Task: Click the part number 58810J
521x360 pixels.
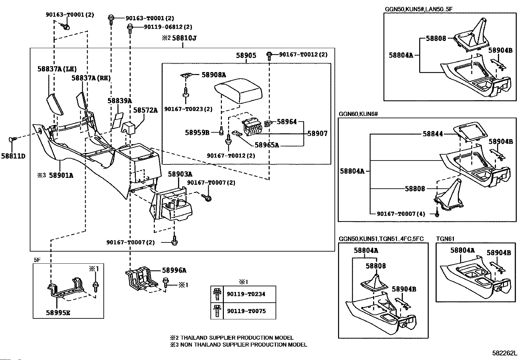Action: pyautogui.click(x=184, y=38)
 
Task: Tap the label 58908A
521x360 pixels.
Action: pyautogui.click(x=214, y=75)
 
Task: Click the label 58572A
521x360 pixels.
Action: pyautogui.click(x=145, y=110)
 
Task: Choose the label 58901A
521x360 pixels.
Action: pyautogui.click(x=61, y=176)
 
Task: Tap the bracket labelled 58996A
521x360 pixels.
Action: pyautogui.click(x=139, y=278)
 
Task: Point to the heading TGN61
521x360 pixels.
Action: pyautogui.click(x=445, y=239)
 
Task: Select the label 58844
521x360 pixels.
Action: pyautogui.click(x=432, y=134)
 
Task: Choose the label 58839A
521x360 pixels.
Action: pyautogui.click(x=119, y=101)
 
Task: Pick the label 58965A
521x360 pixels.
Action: pyautogui.click(x=267, y=145)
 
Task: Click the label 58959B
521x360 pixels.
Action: pyautogui.click(x=197, y=133)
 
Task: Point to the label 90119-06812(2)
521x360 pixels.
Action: pyautogui.click(x=168, y=27)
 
